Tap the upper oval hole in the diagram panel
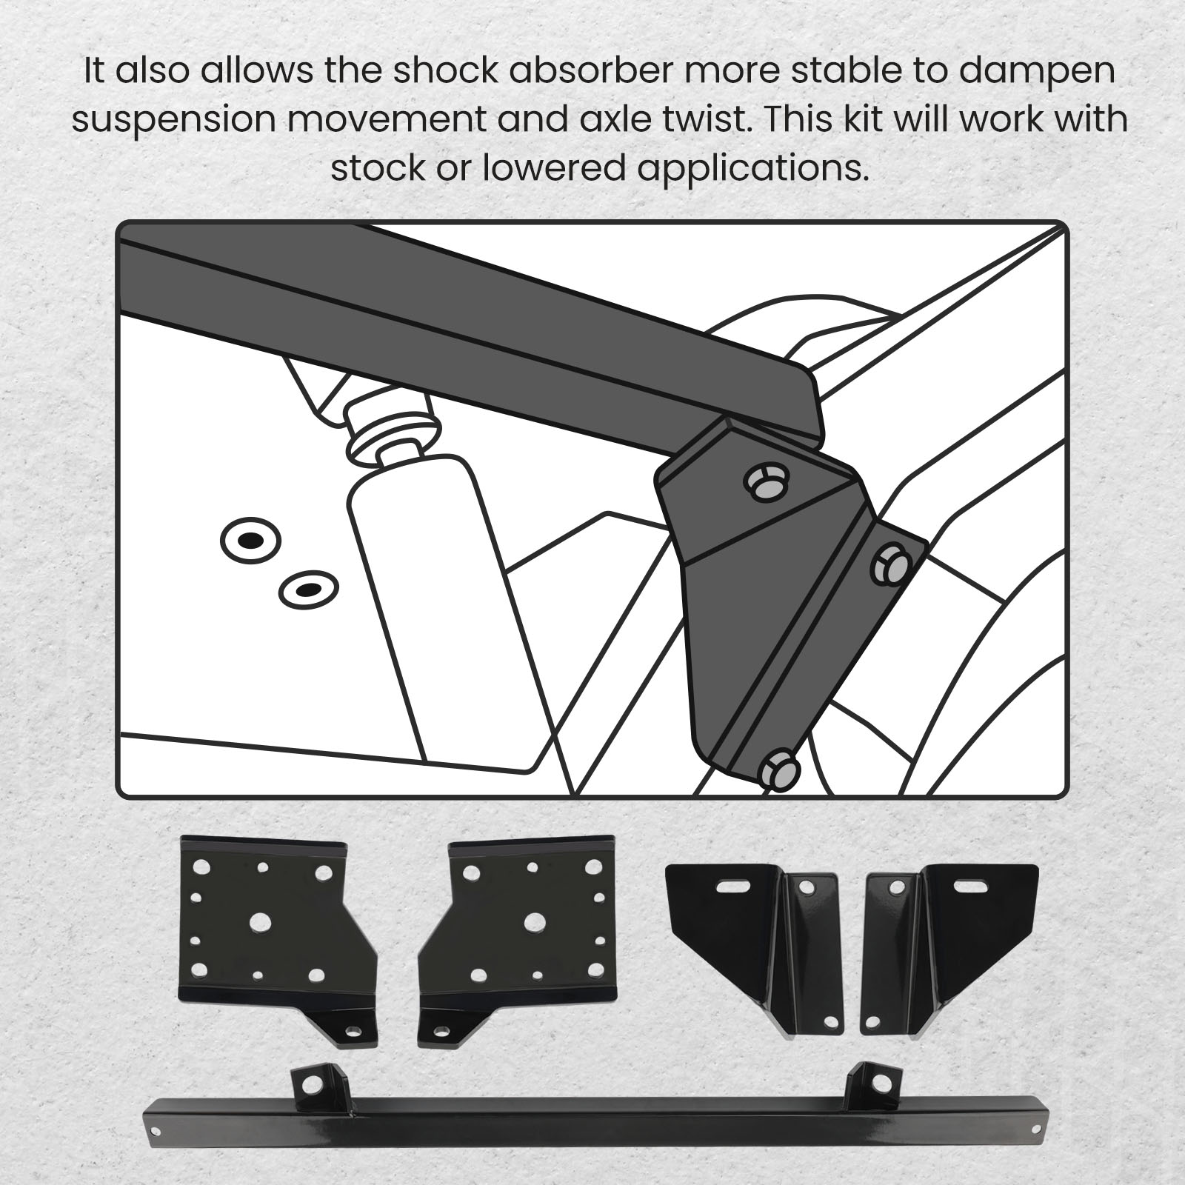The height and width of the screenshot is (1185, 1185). click(251, 540)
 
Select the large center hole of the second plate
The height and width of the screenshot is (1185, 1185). click(534, 921)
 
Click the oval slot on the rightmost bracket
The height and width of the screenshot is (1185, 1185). click(969, 886)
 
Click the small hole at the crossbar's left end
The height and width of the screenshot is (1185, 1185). click(156, 1131)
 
